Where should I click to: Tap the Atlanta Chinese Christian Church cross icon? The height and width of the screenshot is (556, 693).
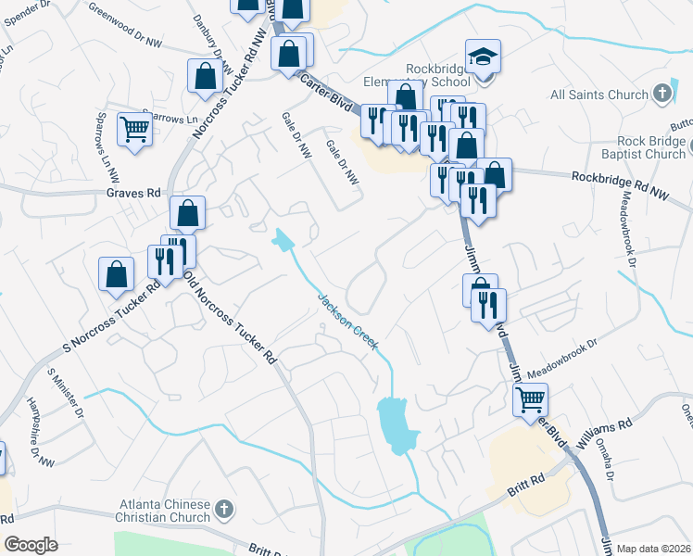coord(223,509)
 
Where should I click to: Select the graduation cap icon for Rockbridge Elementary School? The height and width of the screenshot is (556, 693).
coord(483,57)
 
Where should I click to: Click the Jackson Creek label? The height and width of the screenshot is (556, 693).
coord(347,322)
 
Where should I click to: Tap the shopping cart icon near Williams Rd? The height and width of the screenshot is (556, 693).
coord(531,400)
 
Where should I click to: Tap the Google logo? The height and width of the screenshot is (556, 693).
coord(31,545)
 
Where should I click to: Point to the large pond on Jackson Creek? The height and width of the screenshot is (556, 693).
coord(397,423)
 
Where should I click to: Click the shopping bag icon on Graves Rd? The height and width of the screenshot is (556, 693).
coord(187,213)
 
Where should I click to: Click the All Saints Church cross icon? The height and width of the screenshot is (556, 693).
coord(661,93)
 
